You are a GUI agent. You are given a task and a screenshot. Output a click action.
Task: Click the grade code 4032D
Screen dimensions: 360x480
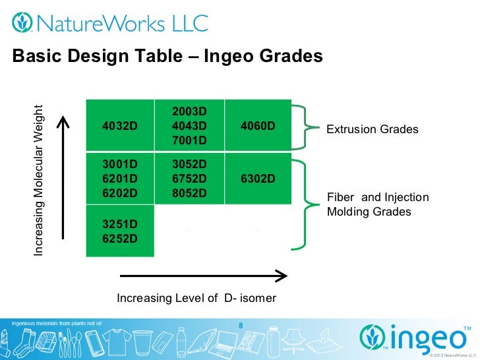point(119,125)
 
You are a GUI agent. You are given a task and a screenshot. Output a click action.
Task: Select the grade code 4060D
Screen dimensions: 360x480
point(258,125)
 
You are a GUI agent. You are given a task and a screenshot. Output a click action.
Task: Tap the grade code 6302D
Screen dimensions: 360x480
point(258,179)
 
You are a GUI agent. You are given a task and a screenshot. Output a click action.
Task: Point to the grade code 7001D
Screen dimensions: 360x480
point(189,140)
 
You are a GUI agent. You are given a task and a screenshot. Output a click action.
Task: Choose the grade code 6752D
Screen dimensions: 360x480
point(189,179)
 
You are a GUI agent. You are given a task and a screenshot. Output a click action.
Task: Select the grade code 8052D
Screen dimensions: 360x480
point(189,193)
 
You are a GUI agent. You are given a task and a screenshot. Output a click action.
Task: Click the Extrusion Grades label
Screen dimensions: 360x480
point(373,129)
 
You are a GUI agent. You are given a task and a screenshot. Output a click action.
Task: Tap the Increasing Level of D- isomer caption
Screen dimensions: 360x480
point(196,298)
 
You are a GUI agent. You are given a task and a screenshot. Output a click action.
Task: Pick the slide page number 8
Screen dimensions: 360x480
point(240,325)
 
